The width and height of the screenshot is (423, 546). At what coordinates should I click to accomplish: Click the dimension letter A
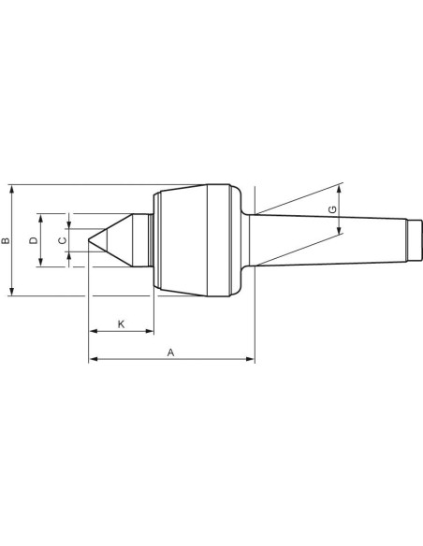[170, 352]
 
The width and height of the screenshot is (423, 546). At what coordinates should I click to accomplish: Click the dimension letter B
[6, 240]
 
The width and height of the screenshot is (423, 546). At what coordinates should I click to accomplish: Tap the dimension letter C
[62, 240]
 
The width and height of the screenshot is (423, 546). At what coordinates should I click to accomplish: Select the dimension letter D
[34, 240]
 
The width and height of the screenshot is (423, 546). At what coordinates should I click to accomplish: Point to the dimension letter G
[333, 209]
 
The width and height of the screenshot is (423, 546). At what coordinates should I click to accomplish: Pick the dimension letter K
[121, 324]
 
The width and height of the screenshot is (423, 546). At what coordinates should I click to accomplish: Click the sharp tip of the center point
[89, 239]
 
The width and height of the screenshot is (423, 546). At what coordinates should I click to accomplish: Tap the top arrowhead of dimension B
[12, 190]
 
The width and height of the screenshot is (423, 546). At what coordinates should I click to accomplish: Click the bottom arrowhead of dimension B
[12, 291]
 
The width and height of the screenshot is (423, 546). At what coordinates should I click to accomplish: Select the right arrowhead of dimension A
[250, 359]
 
